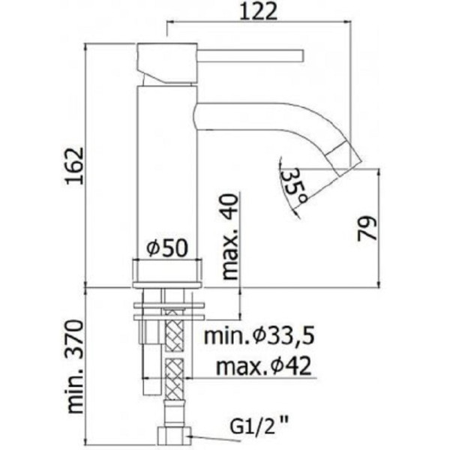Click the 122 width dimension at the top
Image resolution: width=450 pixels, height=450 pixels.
coord(259,11)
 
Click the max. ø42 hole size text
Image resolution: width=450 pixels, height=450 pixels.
coord(262,367)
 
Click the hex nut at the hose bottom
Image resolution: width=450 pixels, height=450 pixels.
coord(174,436)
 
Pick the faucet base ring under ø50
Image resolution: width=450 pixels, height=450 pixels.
coord(166,271)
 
